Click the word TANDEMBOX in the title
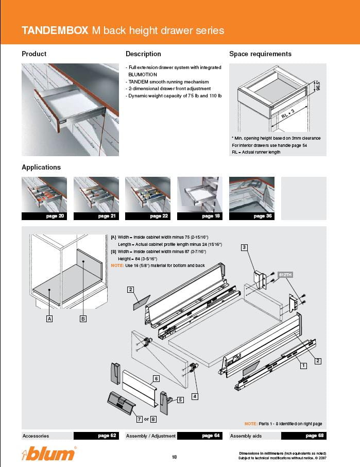pyautogui.click(x=55, y=30)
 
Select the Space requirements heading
pyautogui.click(x=260, y=54)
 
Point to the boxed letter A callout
pyautogui.click(x=50, y=319)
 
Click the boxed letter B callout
pyautogui.click(x=82, y=319)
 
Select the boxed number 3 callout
pyautogui.click(x=245, y=247)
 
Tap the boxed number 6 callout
pyautogui.click(x=155, y=378)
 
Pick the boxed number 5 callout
pyautogui.click(x=181, y=399)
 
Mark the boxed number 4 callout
pyautogui.click(x=195, y=396)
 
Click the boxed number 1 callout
pyautogui.click(x=304, y=365)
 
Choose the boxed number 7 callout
pyautogui.click(x=139, y=419)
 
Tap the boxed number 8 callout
pyautogui.click(x=153, y=419)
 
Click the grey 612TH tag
pyautogui.click(x=285, y=275)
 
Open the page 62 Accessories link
pyautogui.click(x=107, y=436)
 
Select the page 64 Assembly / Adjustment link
pyautogui.click(x=210, y=436)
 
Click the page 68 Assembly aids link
pyautogui.click(x=311, y=436)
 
